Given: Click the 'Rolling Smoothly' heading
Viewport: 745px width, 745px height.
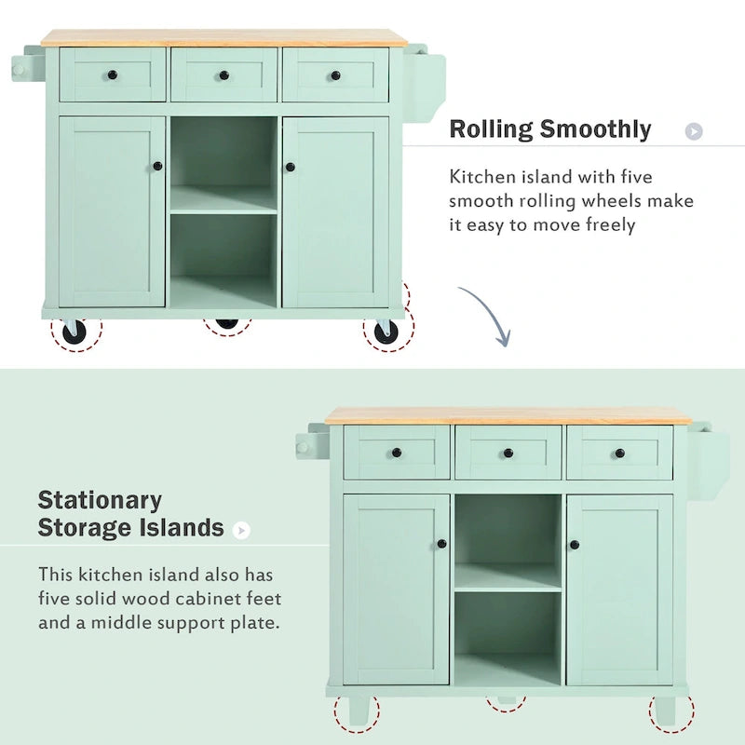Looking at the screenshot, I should tap(549, 129).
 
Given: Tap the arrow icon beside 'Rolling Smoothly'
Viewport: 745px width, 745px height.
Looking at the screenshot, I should tap(694, 131).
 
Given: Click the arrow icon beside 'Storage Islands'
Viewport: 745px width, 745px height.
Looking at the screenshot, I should tap(241, 530).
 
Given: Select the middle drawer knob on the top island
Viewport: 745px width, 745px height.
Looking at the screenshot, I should tap(223, 75).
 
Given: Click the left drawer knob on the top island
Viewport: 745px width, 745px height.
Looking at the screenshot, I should tap(113, 75).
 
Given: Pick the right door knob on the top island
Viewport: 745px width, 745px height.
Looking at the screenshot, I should tap(290, 167).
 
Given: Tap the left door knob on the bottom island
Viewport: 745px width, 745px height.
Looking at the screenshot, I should tap(442, 544).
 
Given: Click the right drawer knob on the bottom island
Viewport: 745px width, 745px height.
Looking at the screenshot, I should tap(619, 454).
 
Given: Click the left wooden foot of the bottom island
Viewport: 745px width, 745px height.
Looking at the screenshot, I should tap(358, 712).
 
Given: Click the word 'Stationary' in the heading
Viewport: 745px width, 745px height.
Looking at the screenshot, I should tap(100, 501).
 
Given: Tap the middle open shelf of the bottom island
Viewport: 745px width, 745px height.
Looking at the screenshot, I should tap(508, 577).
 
